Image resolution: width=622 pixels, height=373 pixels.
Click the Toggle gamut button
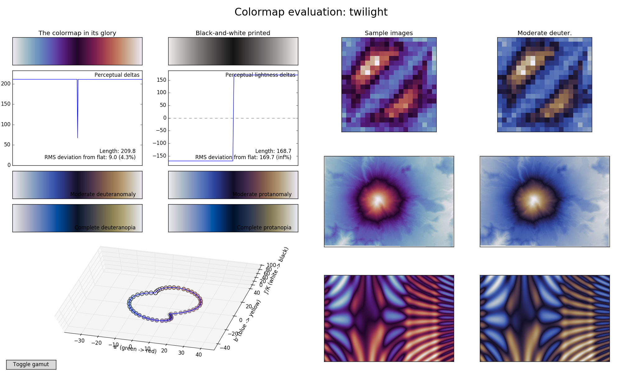point(31,364)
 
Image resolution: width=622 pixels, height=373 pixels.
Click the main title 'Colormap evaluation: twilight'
point(311,12)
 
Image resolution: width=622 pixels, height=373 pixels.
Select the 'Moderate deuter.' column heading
point(544,33)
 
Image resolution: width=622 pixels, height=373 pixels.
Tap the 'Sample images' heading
point(388,33)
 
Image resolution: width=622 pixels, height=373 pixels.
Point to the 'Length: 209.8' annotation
point(117,151)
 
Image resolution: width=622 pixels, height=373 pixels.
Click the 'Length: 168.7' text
point(273,151)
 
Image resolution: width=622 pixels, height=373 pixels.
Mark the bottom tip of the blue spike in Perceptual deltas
point(77,138)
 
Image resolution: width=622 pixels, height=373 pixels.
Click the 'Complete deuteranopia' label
point(105,228)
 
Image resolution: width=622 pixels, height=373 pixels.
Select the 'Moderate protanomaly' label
point(262,194)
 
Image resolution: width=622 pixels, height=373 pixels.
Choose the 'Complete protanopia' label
point(264,228)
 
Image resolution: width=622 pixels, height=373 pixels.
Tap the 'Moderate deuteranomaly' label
point(103,194)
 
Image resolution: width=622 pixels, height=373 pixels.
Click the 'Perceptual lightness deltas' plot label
point(260,75)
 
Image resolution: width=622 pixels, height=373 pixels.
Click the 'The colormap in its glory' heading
point(77,33)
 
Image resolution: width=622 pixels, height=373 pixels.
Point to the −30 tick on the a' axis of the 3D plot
point(80,341)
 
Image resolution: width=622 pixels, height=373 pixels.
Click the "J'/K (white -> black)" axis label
point(276,270)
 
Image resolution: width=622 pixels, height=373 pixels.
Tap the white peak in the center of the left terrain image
point(378,199)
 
